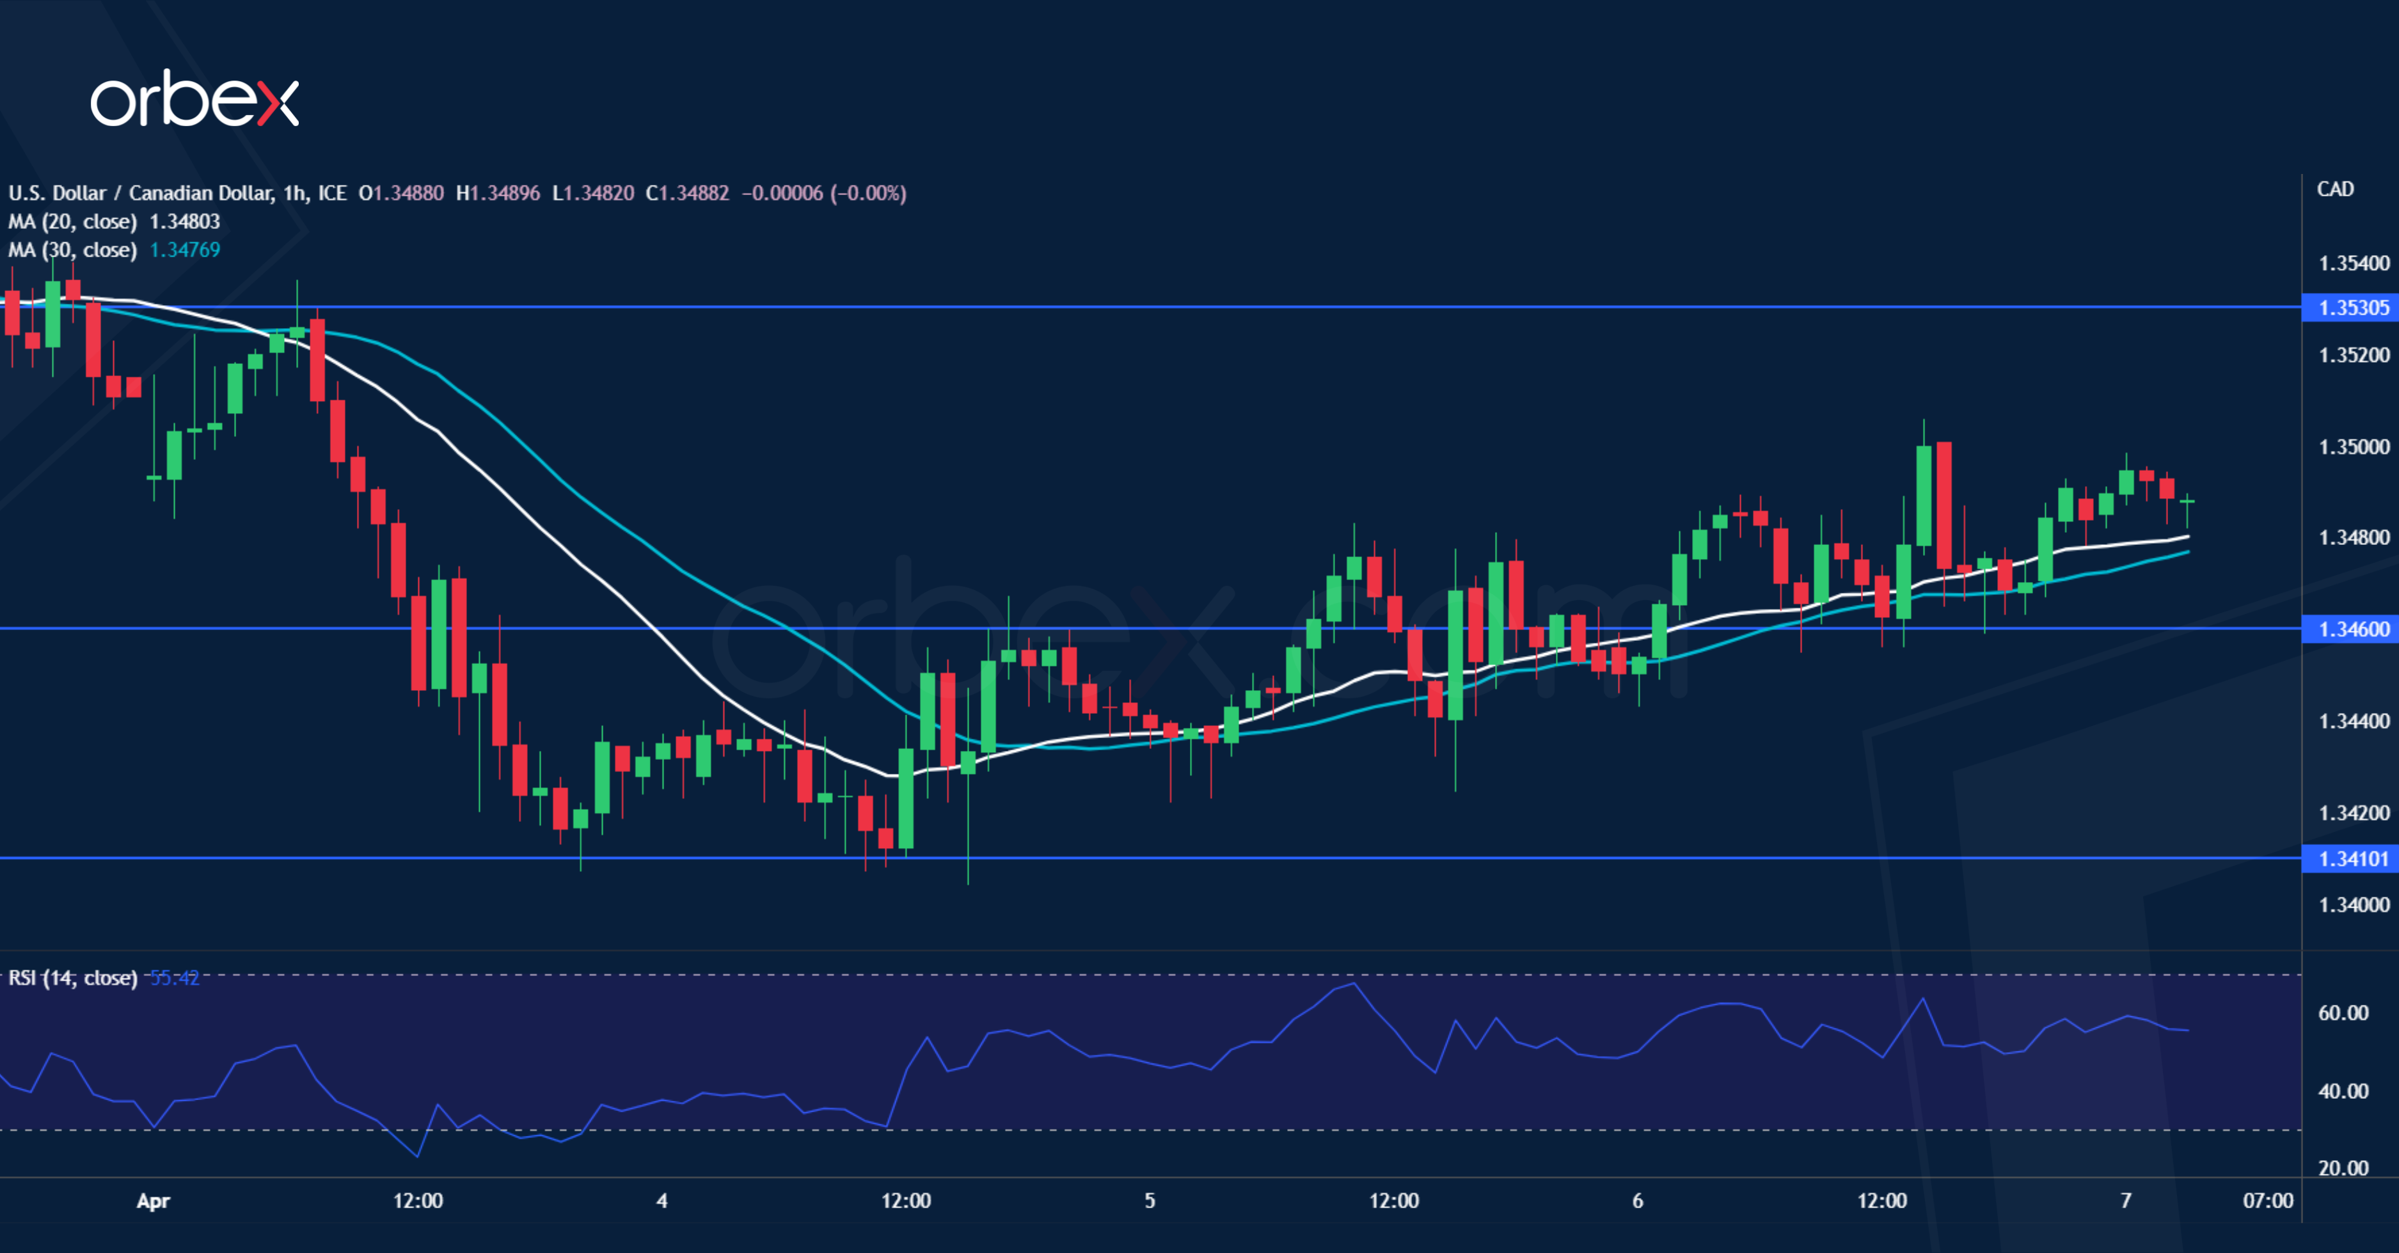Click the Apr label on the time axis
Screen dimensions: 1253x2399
(x=153, y=1201)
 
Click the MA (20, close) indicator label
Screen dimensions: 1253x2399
(x=73, y=221)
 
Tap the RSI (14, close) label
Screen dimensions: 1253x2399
(x=73, y=977)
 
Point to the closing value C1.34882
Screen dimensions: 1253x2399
(x=687, y=194)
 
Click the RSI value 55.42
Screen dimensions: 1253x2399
(x=174, y=977)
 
